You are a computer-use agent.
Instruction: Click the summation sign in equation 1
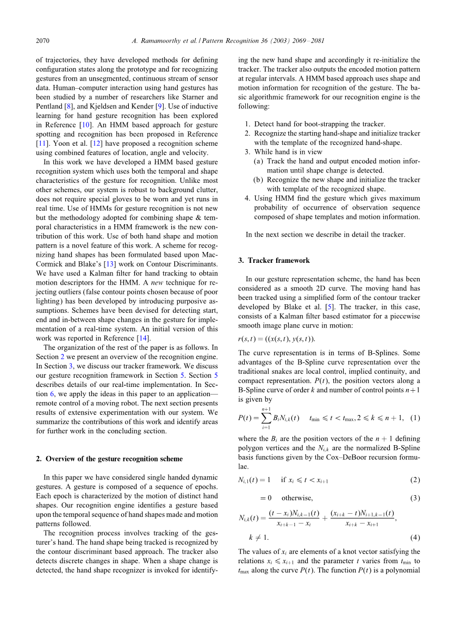(266, 418)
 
